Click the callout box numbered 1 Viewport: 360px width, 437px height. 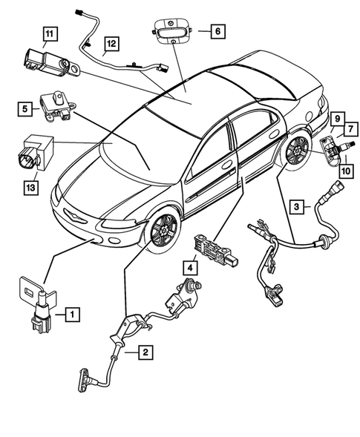pyautogui.click(x=71, y=315)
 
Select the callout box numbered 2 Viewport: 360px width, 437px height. pyautogui.click(x=145, y=353)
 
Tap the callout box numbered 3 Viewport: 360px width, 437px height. pyautogui.click(x=296, y=206)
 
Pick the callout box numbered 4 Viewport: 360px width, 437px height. pyautogui.click(x=192, y=266)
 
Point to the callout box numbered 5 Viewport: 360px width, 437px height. pyautogui.click(x=25, y=110)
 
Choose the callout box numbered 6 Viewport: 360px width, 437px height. pyautogui.click(x=217, y=31)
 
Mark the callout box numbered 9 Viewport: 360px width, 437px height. pyautogui.click(x=336, y=119)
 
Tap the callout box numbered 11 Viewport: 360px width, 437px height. pyautogui.click(x=50, y=33)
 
